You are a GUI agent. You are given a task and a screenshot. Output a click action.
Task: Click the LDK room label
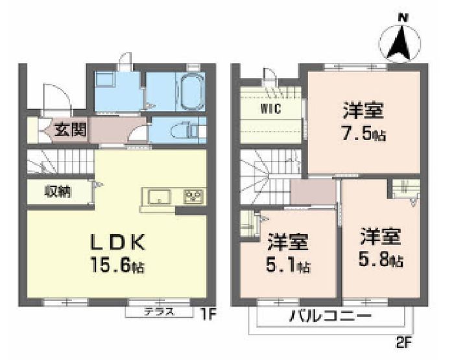tap(117, 241)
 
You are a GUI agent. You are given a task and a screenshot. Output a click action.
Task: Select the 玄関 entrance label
tap(71, 130)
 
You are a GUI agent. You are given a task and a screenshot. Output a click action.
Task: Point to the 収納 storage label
tap(58, 191)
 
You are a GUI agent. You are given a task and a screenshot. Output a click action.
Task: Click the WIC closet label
tap(270, 109)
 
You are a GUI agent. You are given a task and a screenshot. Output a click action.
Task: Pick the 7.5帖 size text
tap(364, 134)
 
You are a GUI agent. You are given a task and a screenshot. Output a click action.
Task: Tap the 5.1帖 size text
tap(288, 265)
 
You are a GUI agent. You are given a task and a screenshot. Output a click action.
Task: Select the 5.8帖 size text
tap(381, 260)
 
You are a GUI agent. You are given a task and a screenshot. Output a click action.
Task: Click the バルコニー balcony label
tap(331, 316)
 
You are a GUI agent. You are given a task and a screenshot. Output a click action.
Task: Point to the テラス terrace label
tap(159, 312)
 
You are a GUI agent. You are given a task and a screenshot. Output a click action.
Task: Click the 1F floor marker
tap(208, 315)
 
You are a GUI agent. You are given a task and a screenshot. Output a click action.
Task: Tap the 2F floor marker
tap(403, 343)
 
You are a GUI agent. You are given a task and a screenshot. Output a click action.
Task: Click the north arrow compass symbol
tap(401, 43)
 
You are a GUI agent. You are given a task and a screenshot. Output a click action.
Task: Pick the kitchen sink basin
tap(160, 197)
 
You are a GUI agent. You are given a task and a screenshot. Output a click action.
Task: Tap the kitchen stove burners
tap(193, 197)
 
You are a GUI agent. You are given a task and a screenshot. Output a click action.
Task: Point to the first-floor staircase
tap(61, 162)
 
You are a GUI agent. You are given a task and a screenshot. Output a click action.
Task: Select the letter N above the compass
tap(403, 18)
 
